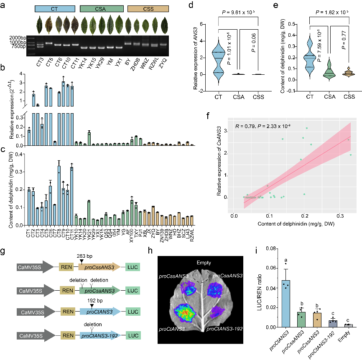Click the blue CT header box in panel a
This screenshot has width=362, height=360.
pos(54,8)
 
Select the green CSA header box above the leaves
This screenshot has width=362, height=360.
pos(102,8)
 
